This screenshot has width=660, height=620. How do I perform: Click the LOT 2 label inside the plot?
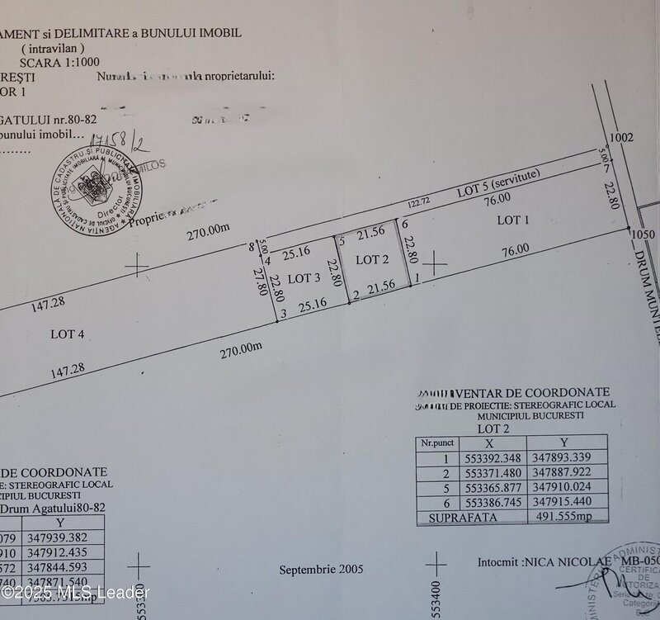point(371,259)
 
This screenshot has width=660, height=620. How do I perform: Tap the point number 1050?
point(643,234)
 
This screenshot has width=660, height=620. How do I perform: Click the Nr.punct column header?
point(437,443)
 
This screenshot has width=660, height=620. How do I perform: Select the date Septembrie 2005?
point(321,570)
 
